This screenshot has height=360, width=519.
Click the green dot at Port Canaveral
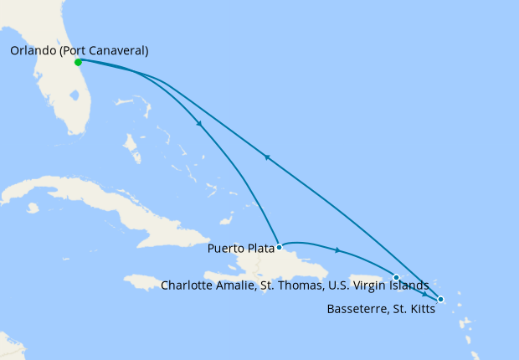[x=78, y=62]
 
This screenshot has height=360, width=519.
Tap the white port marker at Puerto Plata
[x=279, y=247]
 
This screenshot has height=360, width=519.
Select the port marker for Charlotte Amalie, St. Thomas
[x=396, y=277]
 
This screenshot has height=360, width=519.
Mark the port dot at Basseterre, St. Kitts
[x=441, y=300]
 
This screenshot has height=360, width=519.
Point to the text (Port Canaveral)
[x=108, y=51]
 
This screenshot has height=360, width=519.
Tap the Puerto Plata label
[x=243, y=248]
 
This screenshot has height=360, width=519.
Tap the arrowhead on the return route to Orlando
[x=267, y=156]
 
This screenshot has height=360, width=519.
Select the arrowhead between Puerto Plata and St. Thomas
[x=337, y=250]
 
